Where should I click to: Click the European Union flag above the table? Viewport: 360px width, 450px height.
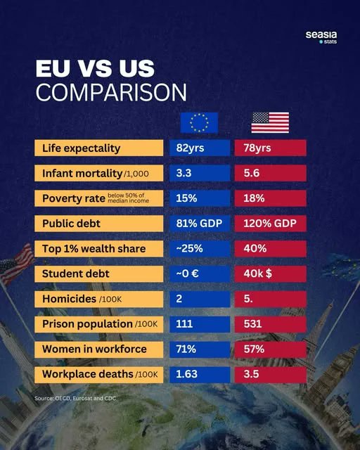199,123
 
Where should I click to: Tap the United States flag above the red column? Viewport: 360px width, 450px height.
270,123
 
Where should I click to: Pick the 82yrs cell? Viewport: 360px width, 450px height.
199,148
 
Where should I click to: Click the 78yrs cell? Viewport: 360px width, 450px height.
270,148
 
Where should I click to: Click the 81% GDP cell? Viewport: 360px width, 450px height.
199,224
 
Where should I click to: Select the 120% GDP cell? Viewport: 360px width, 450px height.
270,224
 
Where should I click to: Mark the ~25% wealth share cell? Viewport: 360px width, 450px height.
199,249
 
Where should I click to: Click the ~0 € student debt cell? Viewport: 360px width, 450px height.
199,274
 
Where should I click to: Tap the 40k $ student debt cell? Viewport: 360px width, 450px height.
270,274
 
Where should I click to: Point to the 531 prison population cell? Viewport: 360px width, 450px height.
270,324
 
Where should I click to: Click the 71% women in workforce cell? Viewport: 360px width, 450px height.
199,349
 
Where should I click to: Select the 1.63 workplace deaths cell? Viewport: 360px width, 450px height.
199,374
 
